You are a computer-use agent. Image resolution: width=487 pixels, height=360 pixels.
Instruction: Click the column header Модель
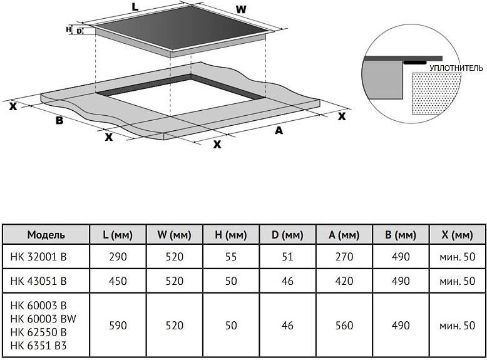[x=46, y=235]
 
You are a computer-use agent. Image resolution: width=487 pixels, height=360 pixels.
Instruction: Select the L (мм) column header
[x=118, y=235]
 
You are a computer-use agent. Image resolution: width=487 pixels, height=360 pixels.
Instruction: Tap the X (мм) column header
[x=457, y=235]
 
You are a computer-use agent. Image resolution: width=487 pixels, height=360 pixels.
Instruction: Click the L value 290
[x=118, y=257]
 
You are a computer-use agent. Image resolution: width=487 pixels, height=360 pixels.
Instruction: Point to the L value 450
[x=118, y=281]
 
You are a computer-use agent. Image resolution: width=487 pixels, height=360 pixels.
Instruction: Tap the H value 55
[x=231, y=257]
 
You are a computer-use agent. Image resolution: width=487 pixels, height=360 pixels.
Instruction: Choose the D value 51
[x=287, y=257]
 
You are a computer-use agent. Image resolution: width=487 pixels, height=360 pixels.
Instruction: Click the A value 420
[x=344, y=281]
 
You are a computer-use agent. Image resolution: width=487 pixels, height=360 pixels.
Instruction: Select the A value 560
[x=344, y=326]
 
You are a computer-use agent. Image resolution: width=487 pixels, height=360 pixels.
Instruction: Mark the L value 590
[x=118, y=326]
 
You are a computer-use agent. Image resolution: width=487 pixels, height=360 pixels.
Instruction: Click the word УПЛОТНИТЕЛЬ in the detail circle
[x=456, y=66]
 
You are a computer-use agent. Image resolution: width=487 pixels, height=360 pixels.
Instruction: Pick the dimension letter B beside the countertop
[x=59, y=120]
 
